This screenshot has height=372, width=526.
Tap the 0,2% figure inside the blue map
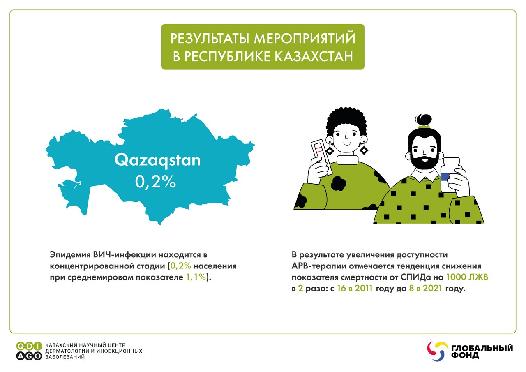[x=155, y=181]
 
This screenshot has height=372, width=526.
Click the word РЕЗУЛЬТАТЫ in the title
[x=210, y=38]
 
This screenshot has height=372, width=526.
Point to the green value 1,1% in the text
[x=196, y=277]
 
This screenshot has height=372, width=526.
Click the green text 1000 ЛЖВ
[x=467, y=277]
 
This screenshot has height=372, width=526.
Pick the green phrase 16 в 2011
[x=355, y=288]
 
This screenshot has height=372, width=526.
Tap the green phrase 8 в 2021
[x=426, y=288]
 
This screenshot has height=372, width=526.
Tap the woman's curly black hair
[x=346, y=122]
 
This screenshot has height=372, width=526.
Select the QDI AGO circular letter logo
[x=29, y=351]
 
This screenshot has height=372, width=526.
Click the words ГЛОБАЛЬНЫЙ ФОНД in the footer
[x=482, y=351]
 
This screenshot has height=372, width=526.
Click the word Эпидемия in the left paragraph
[x=70, y=255]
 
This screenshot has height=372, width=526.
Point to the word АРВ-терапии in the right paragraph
[x=319, y=266]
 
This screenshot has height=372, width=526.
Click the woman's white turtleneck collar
[x=348, y=160]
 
